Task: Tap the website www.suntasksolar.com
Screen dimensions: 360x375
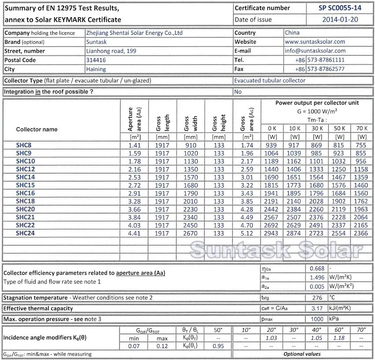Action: pos(315,42)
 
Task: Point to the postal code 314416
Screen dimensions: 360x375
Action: pos(96,60)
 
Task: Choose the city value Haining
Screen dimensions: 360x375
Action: pos(96,69)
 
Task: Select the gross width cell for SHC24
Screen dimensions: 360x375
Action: pos(191,233)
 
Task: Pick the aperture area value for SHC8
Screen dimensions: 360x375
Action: pos(134,145)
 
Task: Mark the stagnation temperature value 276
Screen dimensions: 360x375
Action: pos(316,298)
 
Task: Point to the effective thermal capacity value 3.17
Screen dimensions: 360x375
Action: pos(316,308)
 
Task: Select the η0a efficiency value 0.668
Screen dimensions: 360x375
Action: pos(316,268)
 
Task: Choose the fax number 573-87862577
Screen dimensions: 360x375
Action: pos(326,69)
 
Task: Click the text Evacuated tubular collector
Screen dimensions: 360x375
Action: pos(269,80)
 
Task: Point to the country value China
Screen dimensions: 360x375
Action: pos(292,33)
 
